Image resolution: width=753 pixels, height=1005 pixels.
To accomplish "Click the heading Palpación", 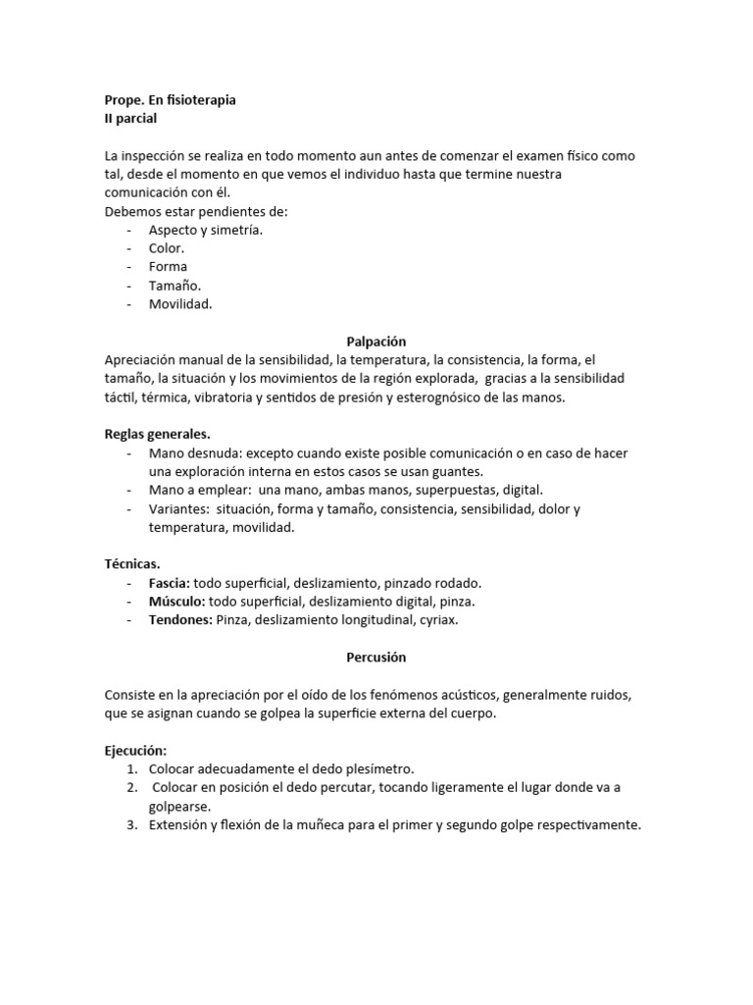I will click(x=376, y=341).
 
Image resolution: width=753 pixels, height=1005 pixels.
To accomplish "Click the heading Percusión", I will click(x=376, y=657).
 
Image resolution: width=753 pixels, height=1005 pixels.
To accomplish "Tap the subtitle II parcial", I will click(x=130, y=119).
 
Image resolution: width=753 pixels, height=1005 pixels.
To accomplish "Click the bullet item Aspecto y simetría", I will click(x=206, y=230).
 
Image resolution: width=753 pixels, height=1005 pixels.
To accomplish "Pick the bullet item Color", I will click(x=167, y=248).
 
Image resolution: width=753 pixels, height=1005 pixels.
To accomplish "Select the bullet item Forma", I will click(x=168, y=267).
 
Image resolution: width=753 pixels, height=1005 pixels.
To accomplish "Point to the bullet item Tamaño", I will click(x=176, y=285).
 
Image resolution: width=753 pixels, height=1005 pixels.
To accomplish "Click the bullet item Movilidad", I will click(x=180, y=303).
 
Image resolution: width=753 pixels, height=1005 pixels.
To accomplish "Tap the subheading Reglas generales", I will click(x=157, y=434).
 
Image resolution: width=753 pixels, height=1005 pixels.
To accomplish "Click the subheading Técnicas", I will click(x=132, y=563).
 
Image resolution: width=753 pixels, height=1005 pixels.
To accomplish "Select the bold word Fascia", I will click(x=169, y=582).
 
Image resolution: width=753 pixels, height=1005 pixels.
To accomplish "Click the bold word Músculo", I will click(x=176, y=601).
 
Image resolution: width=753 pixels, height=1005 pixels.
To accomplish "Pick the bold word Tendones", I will click(x=180, y=619).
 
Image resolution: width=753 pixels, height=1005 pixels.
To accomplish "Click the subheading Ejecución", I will click(x=136, y=750).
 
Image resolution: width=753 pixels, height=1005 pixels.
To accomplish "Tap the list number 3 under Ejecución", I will click(x=130, y=824).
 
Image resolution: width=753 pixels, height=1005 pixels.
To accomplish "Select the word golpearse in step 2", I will click(x=178, y=806).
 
